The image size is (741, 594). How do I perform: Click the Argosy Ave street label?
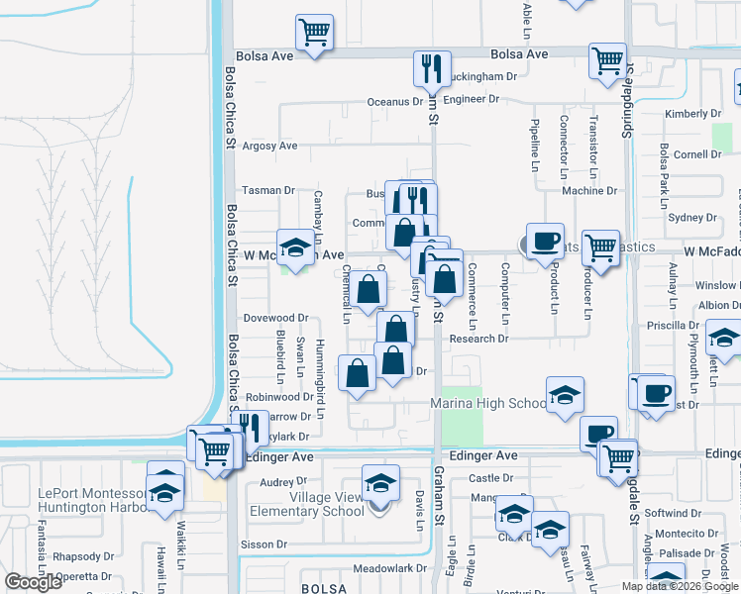[270, 147]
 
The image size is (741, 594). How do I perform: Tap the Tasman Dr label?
[269, 190]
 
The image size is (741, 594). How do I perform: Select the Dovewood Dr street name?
[276, 319]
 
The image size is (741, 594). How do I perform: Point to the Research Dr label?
[478, 339]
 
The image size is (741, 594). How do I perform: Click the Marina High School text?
[487, 404]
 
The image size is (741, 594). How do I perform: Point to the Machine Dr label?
[589, 191]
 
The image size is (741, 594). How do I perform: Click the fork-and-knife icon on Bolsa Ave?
[432, 68]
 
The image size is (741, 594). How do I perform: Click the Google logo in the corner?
[34, 582]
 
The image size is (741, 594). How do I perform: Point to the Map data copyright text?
[680, 586]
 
